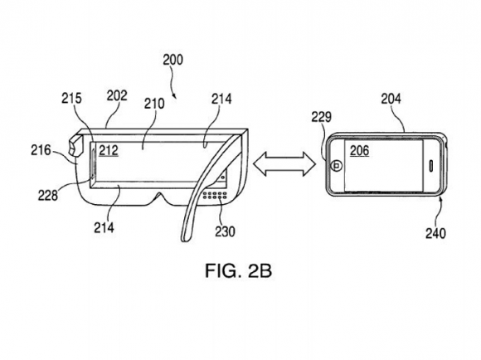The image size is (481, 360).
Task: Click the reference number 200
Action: [172, 60]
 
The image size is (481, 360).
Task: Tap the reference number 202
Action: [117, 95]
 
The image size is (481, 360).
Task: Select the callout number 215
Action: [72, 99]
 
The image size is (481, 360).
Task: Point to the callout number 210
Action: [154, 104]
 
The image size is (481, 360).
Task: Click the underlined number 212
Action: [109, 150]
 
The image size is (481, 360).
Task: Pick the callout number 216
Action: [41, 150]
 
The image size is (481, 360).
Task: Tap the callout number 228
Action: [48, 195]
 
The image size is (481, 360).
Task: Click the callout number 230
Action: [225, 231]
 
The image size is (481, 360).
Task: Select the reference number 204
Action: [391, 99]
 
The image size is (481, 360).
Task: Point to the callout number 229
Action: [322, 117]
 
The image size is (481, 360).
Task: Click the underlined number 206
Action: [360, 150]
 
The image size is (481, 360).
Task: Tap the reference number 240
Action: [435, 234]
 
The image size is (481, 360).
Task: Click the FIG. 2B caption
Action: [238, 270]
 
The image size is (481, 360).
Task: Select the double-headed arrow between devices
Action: [284, 164]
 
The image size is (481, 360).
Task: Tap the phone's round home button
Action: [337, 166]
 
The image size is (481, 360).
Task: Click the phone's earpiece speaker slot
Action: [430, 165]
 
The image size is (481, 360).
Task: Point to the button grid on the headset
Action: [215, 196]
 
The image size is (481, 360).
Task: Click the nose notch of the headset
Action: [159, 198]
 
